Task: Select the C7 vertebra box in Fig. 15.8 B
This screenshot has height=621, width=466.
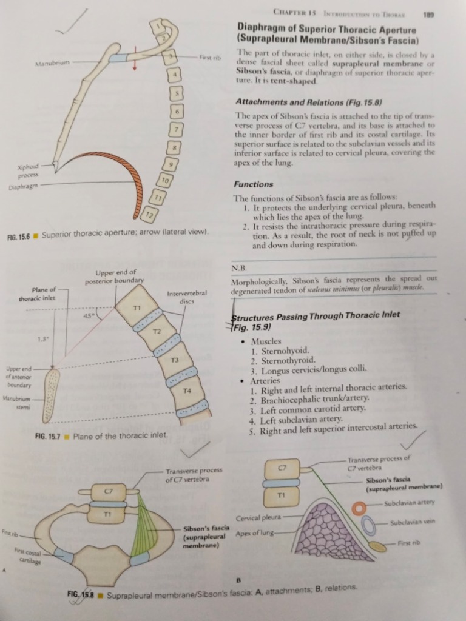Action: coord(282,469)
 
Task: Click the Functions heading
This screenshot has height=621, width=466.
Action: coord(253,184)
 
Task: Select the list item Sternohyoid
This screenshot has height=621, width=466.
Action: coord(285,351)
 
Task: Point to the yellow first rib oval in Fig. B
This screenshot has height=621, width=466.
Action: coord(377,546)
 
